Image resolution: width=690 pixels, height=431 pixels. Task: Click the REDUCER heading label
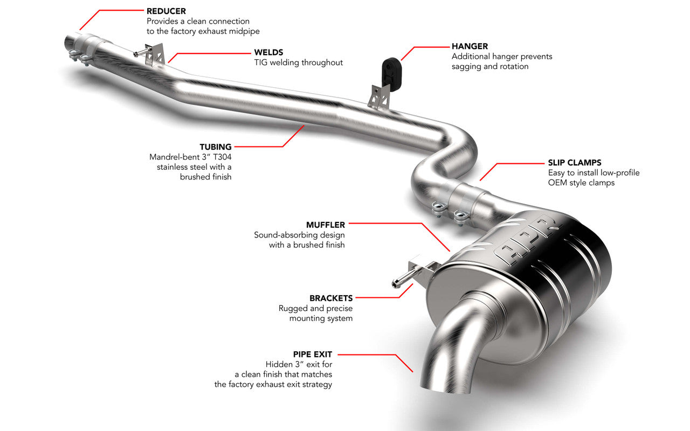pyautogui.click(x=167, y=11)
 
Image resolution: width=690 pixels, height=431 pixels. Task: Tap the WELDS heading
pyautogui.click(x=268, y=52)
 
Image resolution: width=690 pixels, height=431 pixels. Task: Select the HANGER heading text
pyautogui.click(x=470, y=46)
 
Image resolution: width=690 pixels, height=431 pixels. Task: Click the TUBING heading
pyautogui.click(x=216, y=147)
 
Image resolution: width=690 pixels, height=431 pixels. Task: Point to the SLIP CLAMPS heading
pyautogui.click(x=575, y=162)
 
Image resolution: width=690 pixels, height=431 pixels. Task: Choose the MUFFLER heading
pyautogui.click(x=325, y=224)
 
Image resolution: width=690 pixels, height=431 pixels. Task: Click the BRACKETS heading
pyautogui.click(x=331, y=298)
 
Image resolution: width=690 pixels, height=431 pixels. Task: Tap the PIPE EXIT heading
pyautogui.click(x=313, y=354)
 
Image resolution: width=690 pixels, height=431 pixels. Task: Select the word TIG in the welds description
pyautogui.click(x=261, y=62)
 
